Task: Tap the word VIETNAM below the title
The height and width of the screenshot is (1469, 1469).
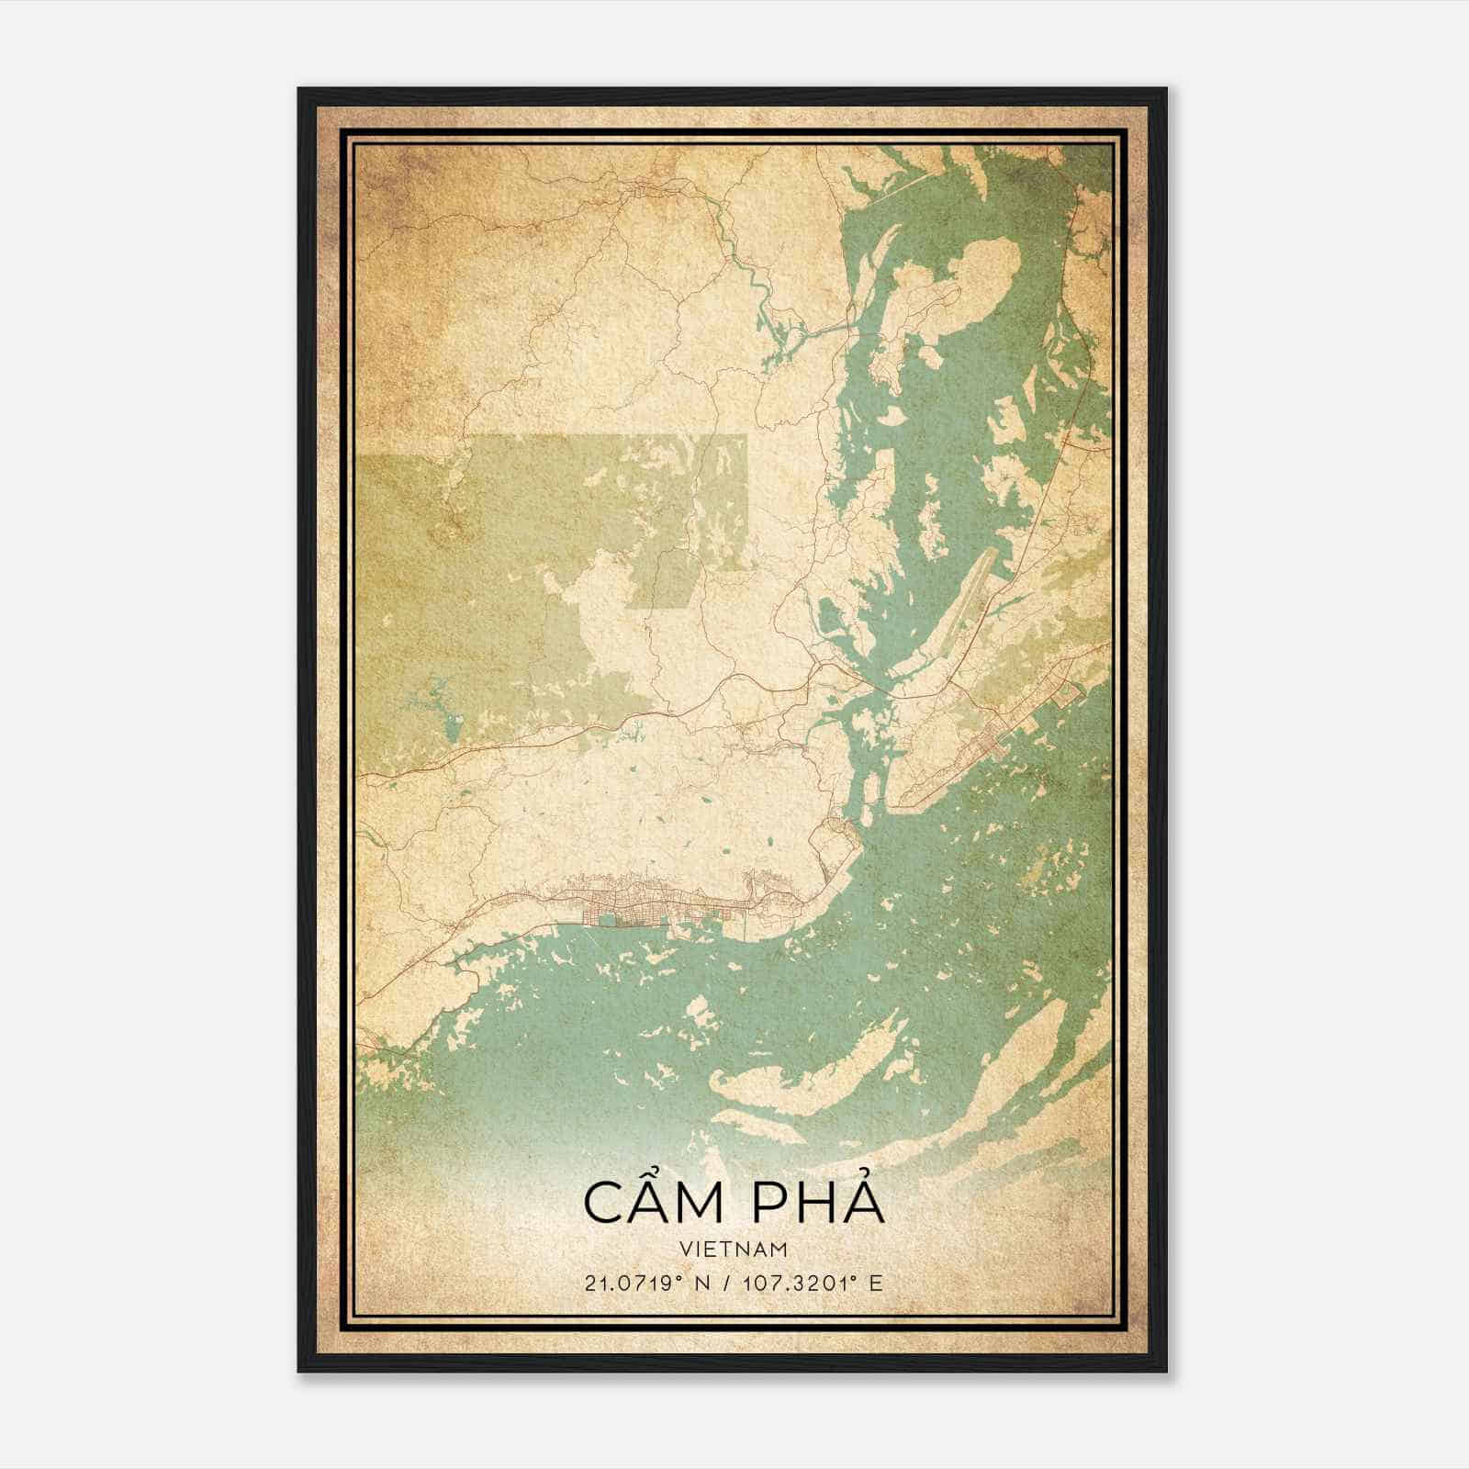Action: pyautogui.click(x=734, y=1249)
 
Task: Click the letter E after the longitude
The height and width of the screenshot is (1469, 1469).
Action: pyautogui.click(x=877, y=1284)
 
